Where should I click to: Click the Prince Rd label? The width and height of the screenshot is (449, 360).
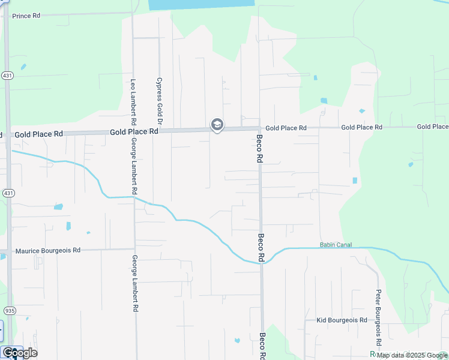pyautogui.click(x=26, y=15)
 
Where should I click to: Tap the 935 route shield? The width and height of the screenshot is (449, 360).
pyautogui.click(x=8, y=311)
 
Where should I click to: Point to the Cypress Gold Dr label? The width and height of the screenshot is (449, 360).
pyautogui.click(x=159, y=97)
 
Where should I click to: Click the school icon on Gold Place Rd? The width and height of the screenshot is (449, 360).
pyautogui.click(x=217, y=125)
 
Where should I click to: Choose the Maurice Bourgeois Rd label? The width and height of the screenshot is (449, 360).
pyautogui.click(x=48, y=251)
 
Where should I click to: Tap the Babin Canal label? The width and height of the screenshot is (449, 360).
pyautogui.click(x=336, y=245)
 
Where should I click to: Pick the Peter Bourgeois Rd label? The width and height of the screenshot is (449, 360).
pyautogui.click(x=378, y=318)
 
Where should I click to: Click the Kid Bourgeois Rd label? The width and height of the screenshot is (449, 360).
pyautogui.click(x=342, y=320)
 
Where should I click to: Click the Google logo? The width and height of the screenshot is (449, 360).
pyautogui.click(x=20, y=353)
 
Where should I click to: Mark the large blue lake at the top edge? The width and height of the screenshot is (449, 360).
pyautogui.click(x=201, y=4)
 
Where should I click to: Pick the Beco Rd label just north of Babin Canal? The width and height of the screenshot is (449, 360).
pyautogui.click(x=261, y=247)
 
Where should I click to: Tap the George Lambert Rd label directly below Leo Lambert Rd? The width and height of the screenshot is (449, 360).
pyautogui.click(x=134, y=166)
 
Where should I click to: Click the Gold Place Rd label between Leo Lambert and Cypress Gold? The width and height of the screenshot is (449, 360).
pyautogui.click(x=134, y=131)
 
